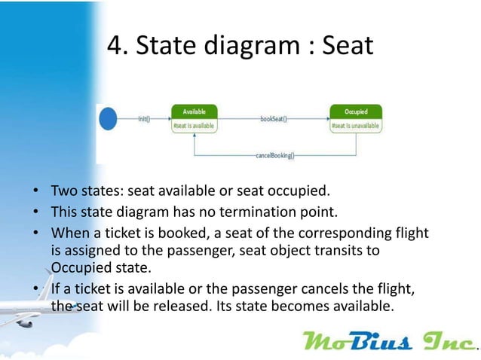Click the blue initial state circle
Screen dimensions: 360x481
click(x=109, y=118)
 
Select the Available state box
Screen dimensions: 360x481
click(x=195, y=118)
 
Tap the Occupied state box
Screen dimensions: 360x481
click(x=356, y=118)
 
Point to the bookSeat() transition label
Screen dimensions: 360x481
click(x=273, y=119)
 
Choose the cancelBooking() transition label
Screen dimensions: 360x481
click(x=274, y=156)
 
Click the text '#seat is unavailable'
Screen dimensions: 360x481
click(x=355, y=126)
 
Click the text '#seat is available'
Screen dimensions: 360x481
click(x=194, y=126)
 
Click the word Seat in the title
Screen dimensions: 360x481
click(x=347, y=47)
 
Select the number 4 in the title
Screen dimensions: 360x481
click(x=115, y=47)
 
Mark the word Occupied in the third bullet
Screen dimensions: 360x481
click(x=79, y=267)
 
